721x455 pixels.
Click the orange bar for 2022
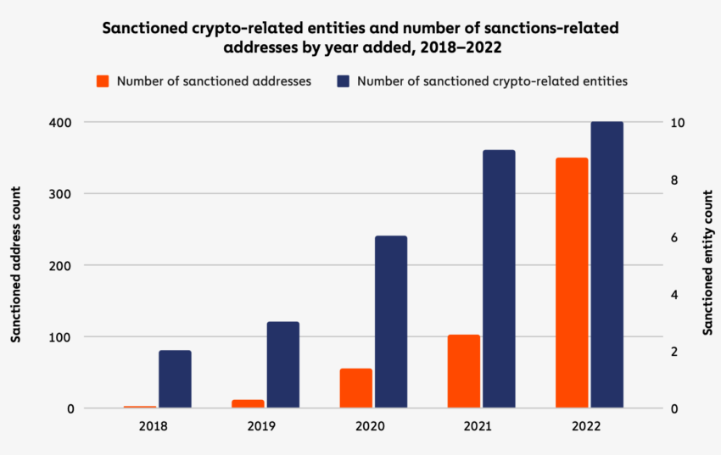pos(572,283)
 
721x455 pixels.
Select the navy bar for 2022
pos(607,265)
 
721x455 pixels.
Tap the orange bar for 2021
pos(464,371)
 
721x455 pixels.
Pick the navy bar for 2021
pos(499,280)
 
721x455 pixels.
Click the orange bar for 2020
pos(356,388)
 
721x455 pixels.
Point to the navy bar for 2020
pos(391,322)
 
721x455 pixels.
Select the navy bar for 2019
pos(283,365)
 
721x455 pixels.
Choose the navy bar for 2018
pos(175,379)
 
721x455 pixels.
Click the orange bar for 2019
pos(248,403)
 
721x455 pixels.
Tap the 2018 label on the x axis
pos(153,427)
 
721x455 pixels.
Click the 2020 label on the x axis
pos(369,427)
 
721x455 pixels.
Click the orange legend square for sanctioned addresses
pos(103,81)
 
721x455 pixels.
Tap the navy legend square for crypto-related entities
pos(343,81)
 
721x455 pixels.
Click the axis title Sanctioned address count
pos(16,266)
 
